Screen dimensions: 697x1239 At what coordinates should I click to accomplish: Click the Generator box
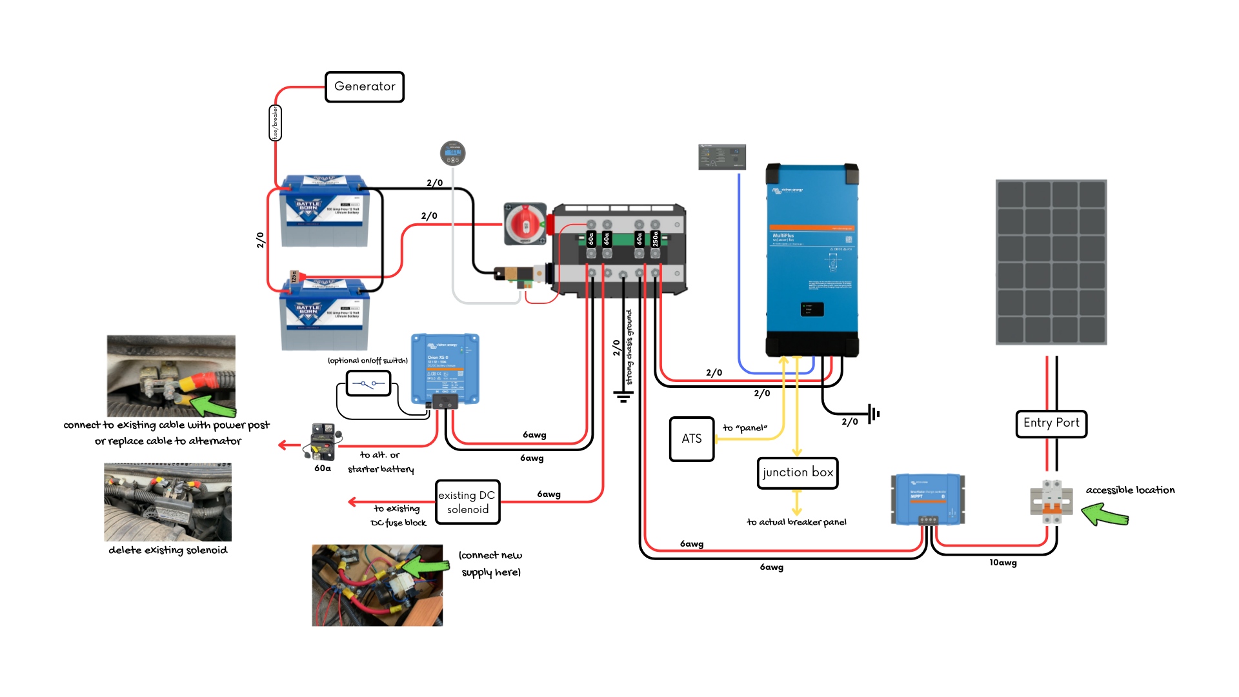click(365, 87)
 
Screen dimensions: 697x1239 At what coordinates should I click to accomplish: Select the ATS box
click(692, 439)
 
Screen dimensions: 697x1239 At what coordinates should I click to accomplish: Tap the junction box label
click(798, 473)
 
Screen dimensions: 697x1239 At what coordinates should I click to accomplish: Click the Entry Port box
click(1051, 423)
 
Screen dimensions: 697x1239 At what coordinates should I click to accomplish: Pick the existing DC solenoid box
click(467, 502)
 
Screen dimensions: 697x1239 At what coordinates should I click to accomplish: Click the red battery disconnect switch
click(525, 225)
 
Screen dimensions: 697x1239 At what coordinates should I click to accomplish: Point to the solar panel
click(1051, 262)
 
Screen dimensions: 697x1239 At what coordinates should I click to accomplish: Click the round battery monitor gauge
click(452, 153)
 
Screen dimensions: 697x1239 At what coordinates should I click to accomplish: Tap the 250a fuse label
click(655, 239)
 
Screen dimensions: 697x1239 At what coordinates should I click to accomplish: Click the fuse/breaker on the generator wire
click(275, 123)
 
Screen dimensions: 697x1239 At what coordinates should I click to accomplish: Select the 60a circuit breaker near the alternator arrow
click(323, 441)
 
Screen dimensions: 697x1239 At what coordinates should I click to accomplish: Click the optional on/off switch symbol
click(368, 384)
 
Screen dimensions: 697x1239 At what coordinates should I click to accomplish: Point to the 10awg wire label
click(1003, 563)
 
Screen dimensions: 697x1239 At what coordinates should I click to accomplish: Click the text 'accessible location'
click(1130, 490)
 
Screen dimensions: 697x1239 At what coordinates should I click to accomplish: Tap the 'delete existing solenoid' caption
click(168, 551)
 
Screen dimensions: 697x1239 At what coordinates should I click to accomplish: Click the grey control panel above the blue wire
click(722, 157)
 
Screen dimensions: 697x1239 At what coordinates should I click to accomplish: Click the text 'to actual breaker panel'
click(796, 522)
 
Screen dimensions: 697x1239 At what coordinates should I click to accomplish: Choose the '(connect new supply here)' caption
click(490, 564)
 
